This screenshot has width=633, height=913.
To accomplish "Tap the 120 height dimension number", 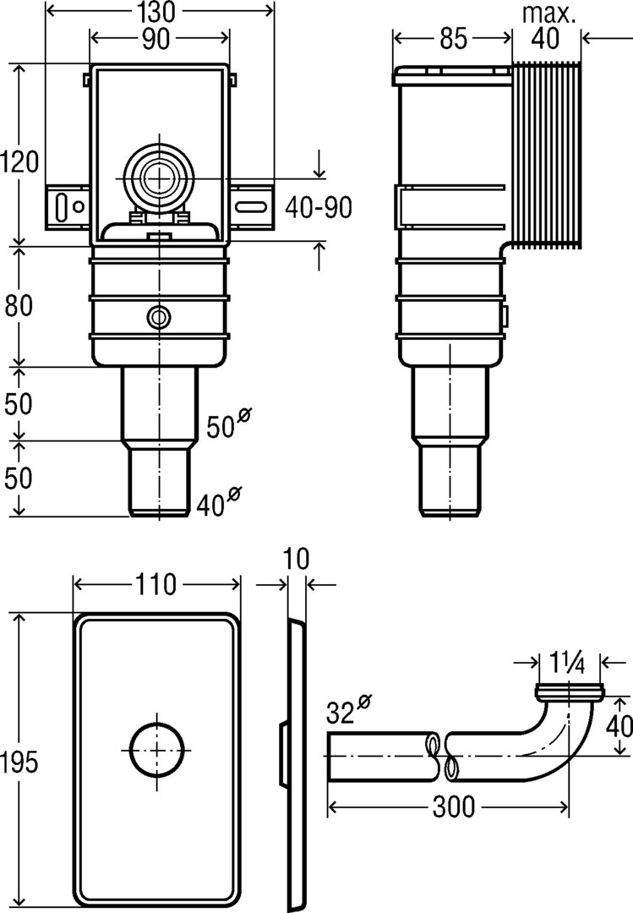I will pyautogui.click(x=19, y=160).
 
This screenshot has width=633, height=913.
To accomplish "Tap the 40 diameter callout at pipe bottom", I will pyautogui.click(x=217, y=504).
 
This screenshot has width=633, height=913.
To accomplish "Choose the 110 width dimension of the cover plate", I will pyautogui.click(x=156, y=584).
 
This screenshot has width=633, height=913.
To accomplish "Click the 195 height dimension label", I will pyautogui.click(x=19, y=763).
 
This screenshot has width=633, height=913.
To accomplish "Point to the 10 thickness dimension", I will pyautogui.click(x=297, y=559).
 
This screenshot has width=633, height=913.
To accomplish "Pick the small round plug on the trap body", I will pyautogui.click(x=157, y=317).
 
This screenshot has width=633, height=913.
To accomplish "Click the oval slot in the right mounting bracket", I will pyautogui.click(x=251, y=205).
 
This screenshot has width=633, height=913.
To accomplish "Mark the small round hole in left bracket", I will pyautogui.click(x=78, y=205).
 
